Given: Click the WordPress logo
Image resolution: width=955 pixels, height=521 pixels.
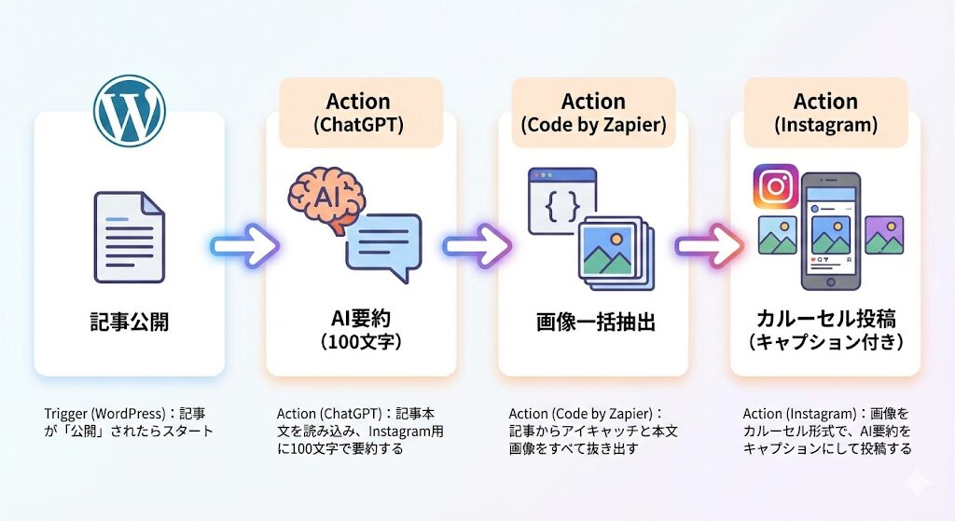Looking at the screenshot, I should (x=130, y=110).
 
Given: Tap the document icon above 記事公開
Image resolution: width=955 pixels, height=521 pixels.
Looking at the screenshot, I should (x=129, y=236).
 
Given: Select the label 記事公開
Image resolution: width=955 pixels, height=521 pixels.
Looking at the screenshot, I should (x=129, y=322).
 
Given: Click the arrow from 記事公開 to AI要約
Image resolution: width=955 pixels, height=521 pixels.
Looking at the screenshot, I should (x=244, y=246).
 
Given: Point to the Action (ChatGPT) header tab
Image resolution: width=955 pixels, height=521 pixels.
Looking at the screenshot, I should (x=360, y=112).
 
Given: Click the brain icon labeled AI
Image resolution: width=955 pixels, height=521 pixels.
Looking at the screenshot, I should (x=325, y=197).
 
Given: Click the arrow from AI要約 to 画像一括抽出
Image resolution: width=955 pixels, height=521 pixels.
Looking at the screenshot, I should (x=477, y=246).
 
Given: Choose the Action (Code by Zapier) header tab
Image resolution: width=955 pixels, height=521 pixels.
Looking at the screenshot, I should (x=593, y=112).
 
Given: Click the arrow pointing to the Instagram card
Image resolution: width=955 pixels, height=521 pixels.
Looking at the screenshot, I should (x=709, y=246).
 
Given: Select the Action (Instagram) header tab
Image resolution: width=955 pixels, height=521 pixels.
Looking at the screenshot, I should (x=825, y=112).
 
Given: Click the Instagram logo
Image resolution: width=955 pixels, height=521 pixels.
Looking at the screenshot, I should (x=776, y=185).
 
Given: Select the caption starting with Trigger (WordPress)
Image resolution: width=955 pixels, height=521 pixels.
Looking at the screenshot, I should (x=129, y=421).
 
